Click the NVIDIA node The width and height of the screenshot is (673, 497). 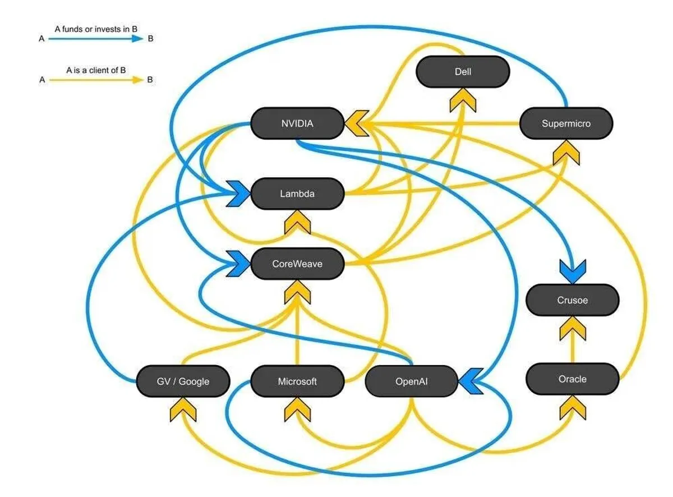297,123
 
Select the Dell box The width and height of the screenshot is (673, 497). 463,72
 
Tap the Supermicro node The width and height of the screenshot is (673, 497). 566,123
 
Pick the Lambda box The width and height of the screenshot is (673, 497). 297,194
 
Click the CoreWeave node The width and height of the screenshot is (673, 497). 297,263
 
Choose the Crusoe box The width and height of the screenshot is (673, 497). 572,300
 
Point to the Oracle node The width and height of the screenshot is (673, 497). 572,379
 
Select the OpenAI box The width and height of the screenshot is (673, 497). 412,381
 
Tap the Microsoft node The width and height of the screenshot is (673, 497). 297,381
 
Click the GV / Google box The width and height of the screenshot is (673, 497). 183,381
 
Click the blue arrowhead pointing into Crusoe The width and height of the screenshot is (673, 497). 572,271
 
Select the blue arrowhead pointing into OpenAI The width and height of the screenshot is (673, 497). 471,381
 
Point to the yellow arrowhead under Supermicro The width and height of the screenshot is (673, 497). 566,153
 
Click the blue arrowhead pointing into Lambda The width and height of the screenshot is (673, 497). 238,194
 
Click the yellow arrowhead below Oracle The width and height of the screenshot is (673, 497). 572,408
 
